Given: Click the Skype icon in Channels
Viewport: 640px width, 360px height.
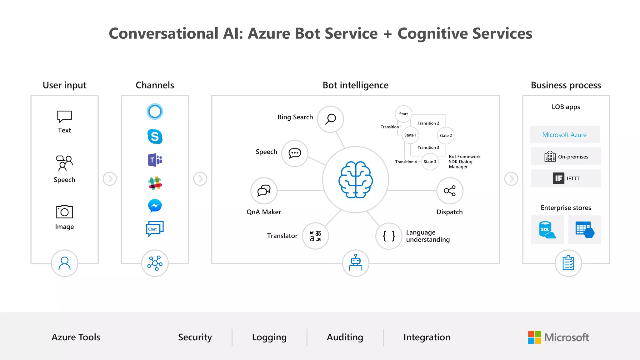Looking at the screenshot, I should point(155,137).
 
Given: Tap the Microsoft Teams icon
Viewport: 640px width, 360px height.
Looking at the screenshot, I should point(155,160).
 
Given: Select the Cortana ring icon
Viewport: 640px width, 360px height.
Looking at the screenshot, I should point(155,112).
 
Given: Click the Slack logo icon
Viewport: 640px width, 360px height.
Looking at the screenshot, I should point(155,183).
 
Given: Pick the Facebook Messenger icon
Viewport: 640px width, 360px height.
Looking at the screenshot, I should point(155,206).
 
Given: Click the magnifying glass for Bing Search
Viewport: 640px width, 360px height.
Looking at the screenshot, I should point(330,119).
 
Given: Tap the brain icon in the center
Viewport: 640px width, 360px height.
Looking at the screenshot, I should point(356,180).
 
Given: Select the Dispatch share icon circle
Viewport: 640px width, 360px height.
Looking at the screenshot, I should point(450,191).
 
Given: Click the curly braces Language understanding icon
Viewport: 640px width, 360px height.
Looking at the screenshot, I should point(389,236).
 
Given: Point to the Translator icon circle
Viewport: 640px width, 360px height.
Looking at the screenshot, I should point(315,236).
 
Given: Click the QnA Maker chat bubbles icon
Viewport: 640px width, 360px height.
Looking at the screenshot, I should point(264,191).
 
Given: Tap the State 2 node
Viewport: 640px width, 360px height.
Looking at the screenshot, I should point(446,135).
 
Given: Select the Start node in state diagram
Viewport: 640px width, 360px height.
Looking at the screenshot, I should point(403,114).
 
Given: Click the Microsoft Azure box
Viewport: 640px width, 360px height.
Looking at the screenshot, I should point(565,135).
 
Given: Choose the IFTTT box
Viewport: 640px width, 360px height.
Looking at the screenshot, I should point(566,178).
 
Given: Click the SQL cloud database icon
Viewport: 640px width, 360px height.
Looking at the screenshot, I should point(547,230).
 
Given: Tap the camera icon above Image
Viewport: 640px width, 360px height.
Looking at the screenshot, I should point(64,212).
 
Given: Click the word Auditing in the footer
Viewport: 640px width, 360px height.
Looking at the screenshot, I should point(345,337).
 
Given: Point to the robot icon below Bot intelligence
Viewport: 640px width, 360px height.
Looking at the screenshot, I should point(356,263).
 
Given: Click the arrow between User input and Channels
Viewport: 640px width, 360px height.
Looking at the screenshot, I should point(110,179).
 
